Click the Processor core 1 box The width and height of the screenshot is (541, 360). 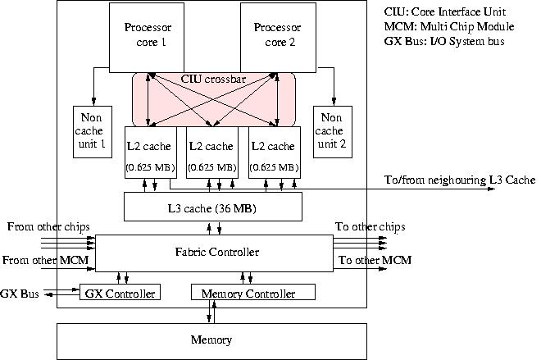point(148,34)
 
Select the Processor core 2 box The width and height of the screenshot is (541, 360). point(277,34)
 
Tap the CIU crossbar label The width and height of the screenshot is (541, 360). point(213,80)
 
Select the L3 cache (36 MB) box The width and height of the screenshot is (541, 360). point(213,207)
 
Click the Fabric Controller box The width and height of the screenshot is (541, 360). point(213,252)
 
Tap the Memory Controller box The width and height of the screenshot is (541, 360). point(253,293)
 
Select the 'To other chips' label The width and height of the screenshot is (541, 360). point(370,227)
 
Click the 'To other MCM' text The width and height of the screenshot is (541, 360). point(374,261)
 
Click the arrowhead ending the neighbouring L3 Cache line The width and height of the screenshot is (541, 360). point(492,189)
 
